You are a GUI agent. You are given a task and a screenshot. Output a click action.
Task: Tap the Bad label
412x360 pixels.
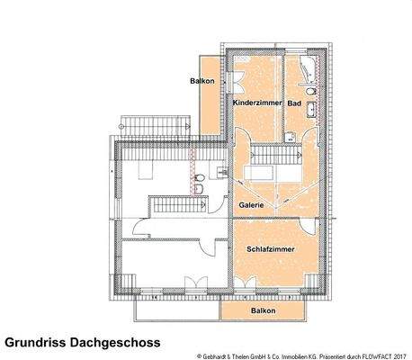point(293,104)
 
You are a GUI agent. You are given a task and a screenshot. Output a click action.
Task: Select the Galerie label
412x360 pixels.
point(251,205)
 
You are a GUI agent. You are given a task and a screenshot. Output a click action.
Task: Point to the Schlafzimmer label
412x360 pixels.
point(266,247)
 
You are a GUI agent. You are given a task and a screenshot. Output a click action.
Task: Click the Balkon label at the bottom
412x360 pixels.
point(264,310)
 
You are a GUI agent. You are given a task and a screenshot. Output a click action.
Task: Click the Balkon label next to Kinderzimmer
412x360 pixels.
point(201,82)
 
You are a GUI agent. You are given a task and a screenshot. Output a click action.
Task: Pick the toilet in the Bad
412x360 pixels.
point(310,92)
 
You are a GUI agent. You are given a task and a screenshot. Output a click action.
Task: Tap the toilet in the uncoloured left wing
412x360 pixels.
point(197,190)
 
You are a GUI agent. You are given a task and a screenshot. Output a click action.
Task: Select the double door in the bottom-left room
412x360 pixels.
point(192,283)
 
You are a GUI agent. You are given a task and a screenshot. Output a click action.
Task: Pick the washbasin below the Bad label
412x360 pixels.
point(311,112)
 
